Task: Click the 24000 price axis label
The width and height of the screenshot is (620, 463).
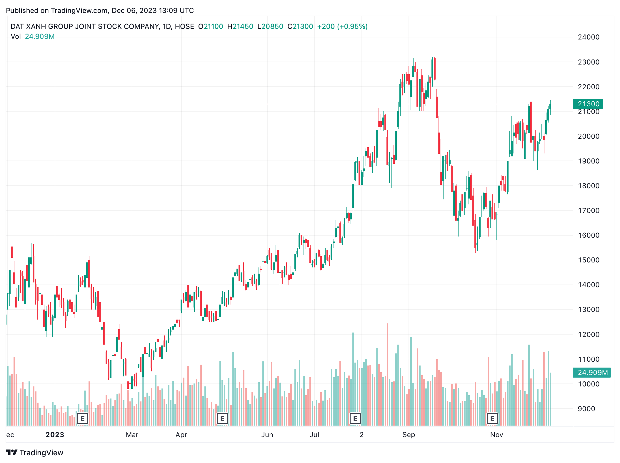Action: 588,37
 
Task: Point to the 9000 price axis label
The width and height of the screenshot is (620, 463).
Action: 586,409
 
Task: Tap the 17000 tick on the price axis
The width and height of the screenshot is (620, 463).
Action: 588,211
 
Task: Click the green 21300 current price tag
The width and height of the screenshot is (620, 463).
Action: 588,104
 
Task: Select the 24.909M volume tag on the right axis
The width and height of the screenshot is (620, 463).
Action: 592,373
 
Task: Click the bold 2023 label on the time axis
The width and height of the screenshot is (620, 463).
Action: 55,435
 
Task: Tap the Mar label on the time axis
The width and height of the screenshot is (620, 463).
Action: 132,435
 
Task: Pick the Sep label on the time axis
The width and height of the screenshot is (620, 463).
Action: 409,435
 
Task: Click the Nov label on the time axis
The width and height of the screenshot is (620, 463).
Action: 496,435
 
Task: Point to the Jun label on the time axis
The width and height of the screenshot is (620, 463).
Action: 267,435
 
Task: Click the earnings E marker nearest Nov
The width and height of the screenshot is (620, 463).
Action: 492,418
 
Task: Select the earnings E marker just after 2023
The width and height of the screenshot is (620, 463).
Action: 82,418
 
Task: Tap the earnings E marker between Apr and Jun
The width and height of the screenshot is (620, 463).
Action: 222,418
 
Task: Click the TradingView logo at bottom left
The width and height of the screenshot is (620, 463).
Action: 35,453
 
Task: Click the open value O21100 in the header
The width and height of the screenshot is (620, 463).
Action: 211,27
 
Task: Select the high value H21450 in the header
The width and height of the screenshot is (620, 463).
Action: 240,27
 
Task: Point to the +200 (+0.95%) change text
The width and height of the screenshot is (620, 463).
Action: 342,27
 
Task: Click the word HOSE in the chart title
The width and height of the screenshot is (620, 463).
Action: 184,27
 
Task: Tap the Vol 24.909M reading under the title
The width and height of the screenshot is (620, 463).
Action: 33,37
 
